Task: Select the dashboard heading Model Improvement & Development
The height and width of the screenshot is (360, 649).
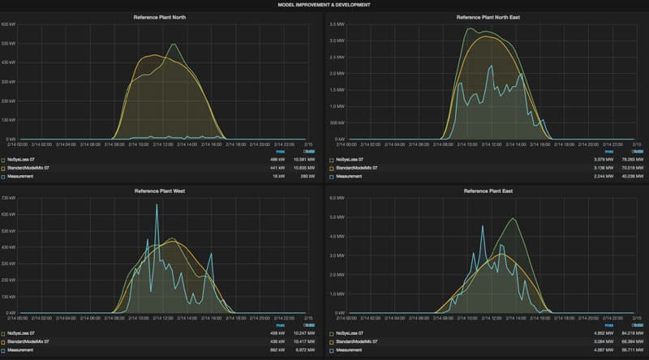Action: click(324, 4)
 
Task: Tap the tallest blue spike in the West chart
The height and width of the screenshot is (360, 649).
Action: click(157, 205)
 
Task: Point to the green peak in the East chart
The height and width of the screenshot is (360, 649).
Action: click(512, 218)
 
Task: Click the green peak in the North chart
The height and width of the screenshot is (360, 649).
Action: click(173, 45)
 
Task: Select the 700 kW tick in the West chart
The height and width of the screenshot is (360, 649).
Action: click(9, 198)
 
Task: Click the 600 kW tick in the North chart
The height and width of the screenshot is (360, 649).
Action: click(9, 24)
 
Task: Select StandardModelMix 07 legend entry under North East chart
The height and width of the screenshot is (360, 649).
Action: click(358, 168)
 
